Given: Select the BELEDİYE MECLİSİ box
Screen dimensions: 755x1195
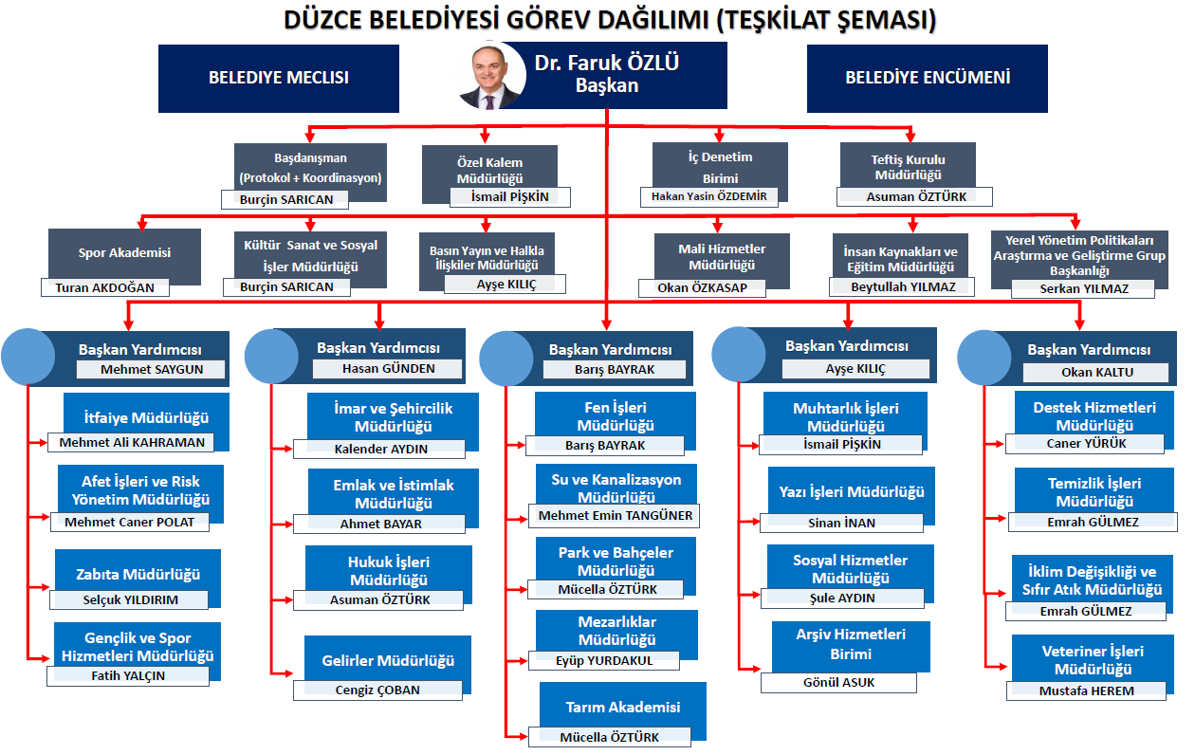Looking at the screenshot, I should (278, 77).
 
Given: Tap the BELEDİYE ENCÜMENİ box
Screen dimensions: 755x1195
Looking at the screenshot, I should (927, 77).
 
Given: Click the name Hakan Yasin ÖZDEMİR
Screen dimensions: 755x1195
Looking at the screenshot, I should (708, 196).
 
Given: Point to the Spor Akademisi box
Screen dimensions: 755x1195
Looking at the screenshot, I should (124, 252).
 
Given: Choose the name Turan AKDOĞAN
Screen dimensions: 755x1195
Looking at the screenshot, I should (104, 287).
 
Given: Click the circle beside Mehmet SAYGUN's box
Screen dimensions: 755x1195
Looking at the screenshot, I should (28, 356).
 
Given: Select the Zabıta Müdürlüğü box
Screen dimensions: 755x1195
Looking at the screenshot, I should (138, 573).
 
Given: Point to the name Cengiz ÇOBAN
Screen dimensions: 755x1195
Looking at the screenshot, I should (377, 690).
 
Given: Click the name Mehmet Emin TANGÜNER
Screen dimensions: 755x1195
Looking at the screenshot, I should (616, 516).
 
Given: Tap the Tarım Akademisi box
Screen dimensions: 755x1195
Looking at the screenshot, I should (622, 708).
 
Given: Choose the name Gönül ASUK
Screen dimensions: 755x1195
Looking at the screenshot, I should (837, 682).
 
